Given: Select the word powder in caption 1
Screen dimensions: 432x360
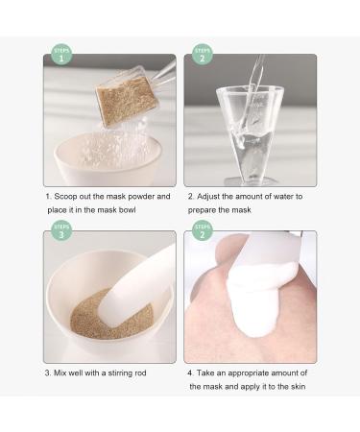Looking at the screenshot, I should click(x=154, y=197).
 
